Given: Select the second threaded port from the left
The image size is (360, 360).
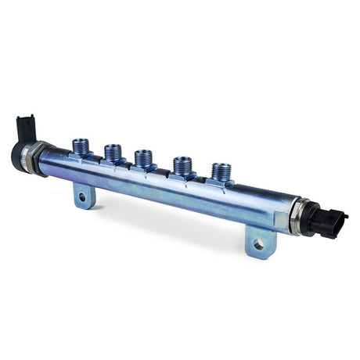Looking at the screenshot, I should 113,153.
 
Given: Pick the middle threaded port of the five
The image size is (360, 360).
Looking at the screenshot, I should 143,157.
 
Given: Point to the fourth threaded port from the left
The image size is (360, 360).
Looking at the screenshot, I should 182,166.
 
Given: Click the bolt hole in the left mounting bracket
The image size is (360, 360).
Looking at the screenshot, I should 82,196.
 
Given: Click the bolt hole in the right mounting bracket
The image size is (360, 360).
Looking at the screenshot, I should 258,244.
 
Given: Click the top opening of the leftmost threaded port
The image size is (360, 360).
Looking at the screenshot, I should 81,142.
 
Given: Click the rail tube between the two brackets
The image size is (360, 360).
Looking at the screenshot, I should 172,192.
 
